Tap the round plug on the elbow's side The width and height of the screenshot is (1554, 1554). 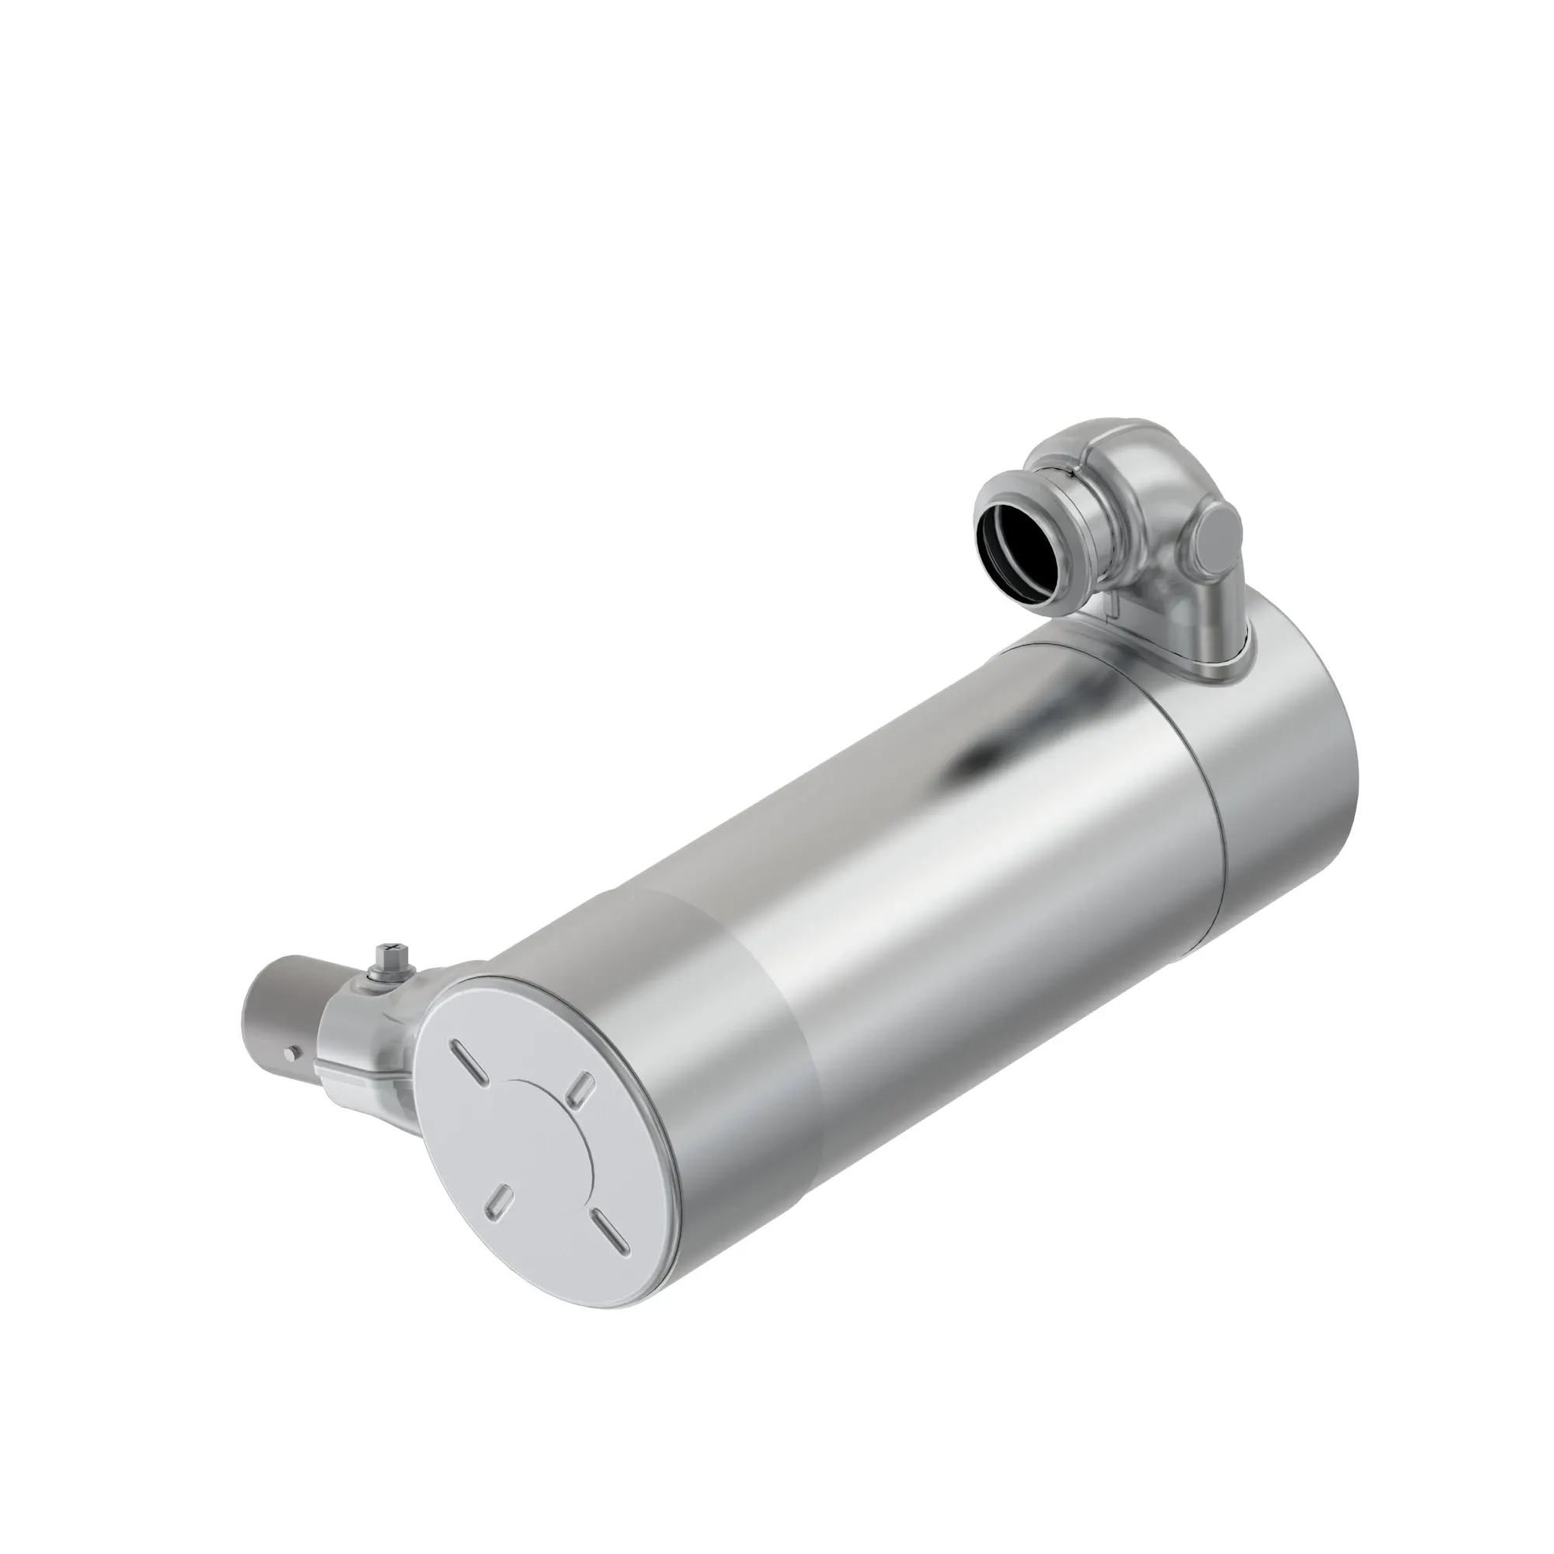pyautogui.click(x=1216, y=535)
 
